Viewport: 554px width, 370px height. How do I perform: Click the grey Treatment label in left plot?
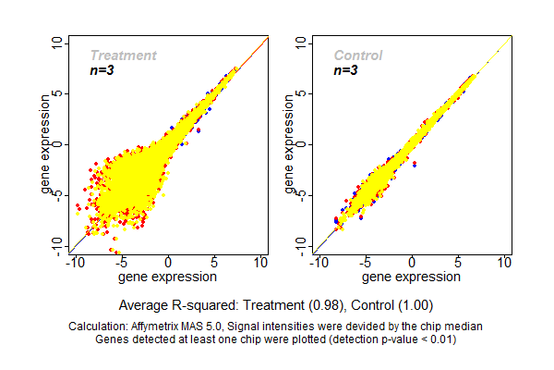click(x=123, y=55)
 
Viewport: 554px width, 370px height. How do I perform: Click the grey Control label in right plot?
click(x=358, y=55)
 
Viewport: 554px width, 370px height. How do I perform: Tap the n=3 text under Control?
click(x=345, y=70)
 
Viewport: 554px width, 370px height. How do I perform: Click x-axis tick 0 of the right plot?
click(x=412, y=264)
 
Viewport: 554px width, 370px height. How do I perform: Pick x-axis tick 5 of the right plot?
click(x=458, y=264)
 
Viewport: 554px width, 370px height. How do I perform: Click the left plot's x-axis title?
click(x=168, y=276)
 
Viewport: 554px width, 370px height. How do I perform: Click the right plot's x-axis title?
click(x=412, y=276)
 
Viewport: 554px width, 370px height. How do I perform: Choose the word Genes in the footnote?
click(x=114, y=339)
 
